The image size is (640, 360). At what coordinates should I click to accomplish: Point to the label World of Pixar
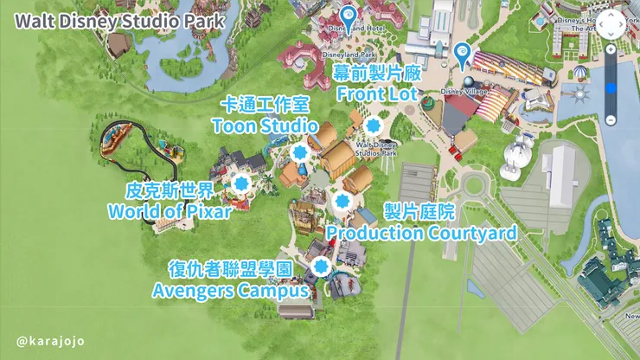(170, 210)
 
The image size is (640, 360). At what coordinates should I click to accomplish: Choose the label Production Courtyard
(421, 233)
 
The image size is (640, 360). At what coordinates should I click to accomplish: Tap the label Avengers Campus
(231, 291)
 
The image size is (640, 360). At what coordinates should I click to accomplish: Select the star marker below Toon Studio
(300, 153)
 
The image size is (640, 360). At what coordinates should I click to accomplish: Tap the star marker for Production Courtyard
(339, 202)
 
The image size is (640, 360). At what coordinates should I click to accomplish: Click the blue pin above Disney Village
(463, 55)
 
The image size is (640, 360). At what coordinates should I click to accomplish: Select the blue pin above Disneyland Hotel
(348, 15)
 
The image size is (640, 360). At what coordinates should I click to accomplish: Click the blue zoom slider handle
(611, 86)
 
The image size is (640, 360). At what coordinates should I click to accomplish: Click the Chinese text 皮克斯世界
(170, 190)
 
